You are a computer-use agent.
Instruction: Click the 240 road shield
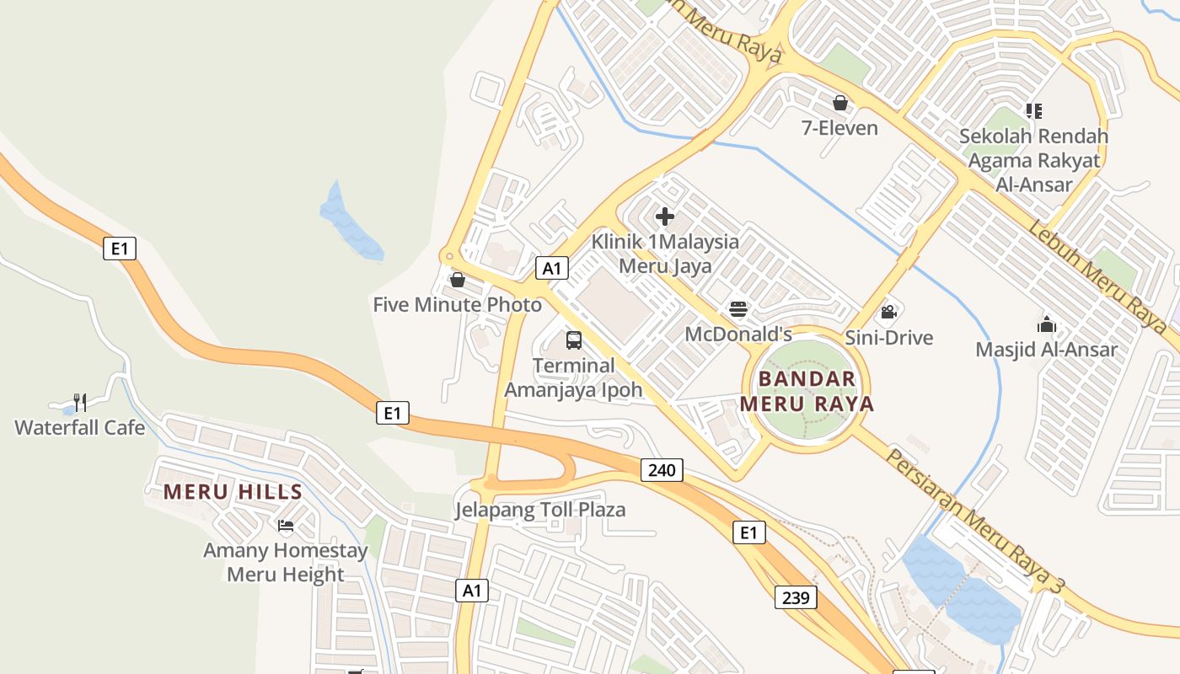point(662,470)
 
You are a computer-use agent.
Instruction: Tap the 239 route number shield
point(796,597)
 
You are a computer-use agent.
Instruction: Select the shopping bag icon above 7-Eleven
point(839,103)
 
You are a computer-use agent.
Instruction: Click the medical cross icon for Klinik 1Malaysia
point(665,217)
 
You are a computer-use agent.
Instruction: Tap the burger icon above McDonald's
point(738,309)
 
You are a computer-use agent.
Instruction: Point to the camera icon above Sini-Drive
point(888,313)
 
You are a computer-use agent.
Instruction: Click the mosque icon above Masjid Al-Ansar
point(1046,324)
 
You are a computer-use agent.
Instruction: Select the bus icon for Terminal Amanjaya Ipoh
point(574,340)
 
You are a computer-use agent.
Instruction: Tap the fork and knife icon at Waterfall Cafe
point(80,402)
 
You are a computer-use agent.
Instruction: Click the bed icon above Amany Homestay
point(286,526)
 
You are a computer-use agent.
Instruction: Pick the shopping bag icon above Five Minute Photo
point(458,279)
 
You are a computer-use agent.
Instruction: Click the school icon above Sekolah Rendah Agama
point(1034,110)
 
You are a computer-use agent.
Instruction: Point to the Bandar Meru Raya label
point(807,391)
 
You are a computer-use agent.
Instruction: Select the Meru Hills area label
point(233,492)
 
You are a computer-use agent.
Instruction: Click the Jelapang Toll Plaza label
point(540,510)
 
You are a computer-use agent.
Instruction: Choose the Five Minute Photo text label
point(458,304)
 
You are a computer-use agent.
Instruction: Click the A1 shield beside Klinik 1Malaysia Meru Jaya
point(552,269)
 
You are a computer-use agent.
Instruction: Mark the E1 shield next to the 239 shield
point(748,532)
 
